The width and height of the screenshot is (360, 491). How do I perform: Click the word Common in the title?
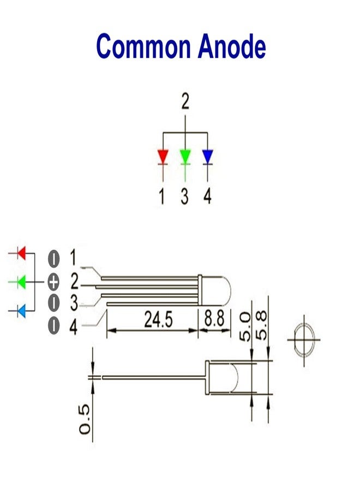click(143, 47)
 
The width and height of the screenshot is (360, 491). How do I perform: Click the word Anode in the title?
click(232, 46)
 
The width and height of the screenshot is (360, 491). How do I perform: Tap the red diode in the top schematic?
click(163, 157)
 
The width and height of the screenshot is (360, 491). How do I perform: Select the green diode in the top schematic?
click(185, 157)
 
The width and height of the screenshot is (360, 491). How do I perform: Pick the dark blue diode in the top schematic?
click(208, 157)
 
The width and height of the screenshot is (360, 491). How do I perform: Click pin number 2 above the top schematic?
click(185, 101)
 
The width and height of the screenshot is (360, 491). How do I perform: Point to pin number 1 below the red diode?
click(162, 196)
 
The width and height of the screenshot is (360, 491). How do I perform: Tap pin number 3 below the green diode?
click(185, 196)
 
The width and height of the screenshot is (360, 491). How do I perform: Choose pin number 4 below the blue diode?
click(208, 196)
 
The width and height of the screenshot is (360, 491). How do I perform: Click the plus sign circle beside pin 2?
click(53, 283)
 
